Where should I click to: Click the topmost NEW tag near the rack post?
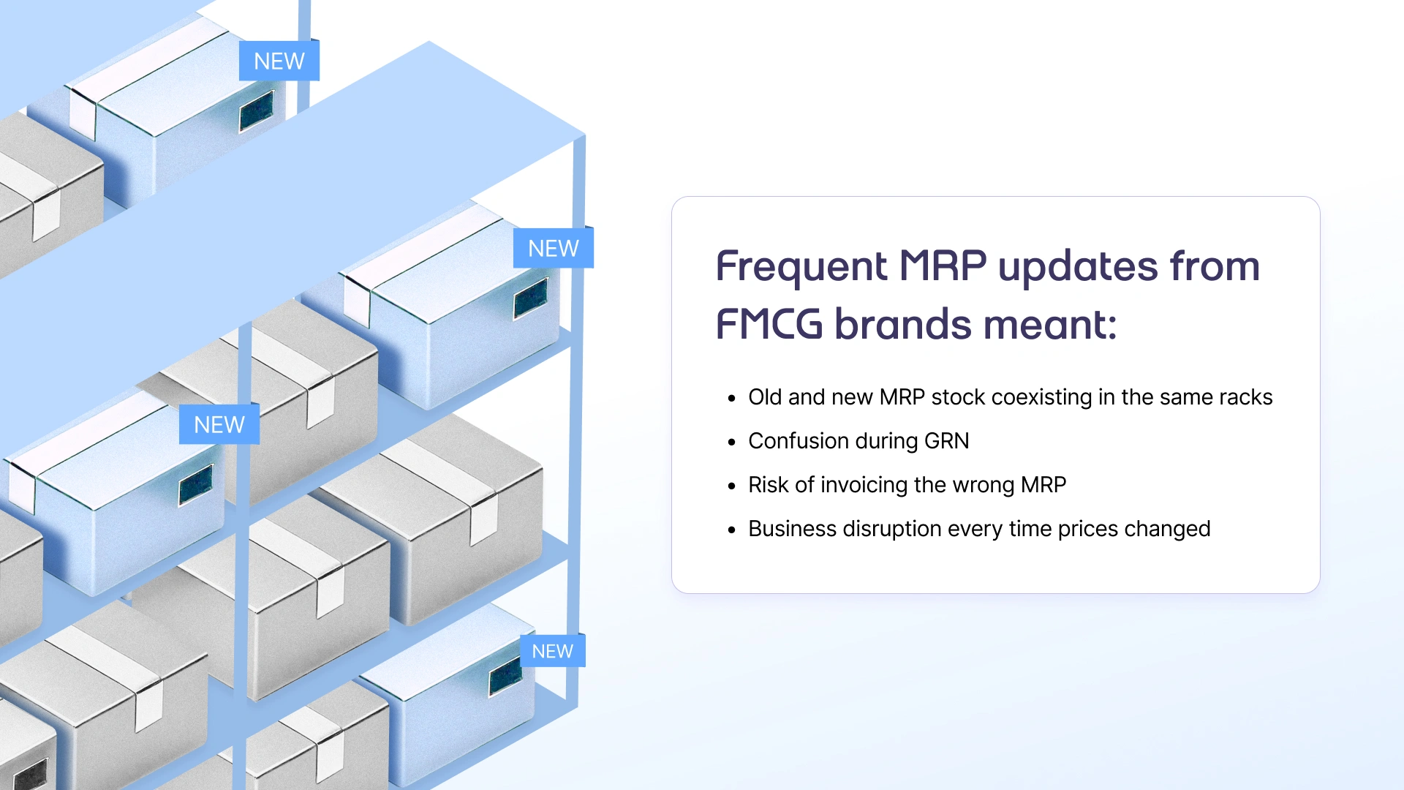click(279, 61)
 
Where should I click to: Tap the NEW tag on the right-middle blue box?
click(553, 249)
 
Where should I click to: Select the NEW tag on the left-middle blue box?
click(219, 425)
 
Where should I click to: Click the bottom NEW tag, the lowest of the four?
click(552, 651)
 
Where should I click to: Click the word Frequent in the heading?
click(801, 267)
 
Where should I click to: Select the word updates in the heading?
click(1077, 267)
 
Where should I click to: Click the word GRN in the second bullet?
click(946, 441)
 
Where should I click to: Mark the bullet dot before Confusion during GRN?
click(731, 442)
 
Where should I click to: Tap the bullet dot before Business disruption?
click(731, 530)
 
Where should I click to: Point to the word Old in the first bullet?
click(765, 397)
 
